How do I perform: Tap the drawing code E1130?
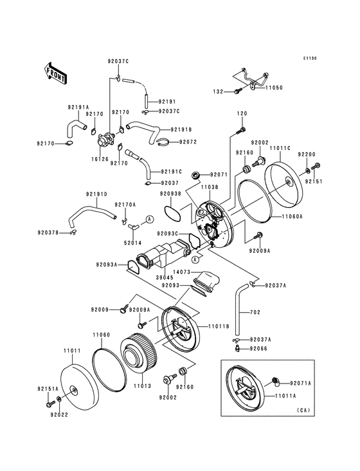click(310, 59)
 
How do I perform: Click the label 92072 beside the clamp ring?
click(188, 142)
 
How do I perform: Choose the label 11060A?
click(291, 217)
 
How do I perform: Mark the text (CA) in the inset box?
click(304, 410)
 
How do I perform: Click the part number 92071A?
click(300, 383)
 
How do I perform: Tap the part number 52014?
click(132, 243)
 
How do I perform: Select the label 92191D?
click(96, 194)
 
